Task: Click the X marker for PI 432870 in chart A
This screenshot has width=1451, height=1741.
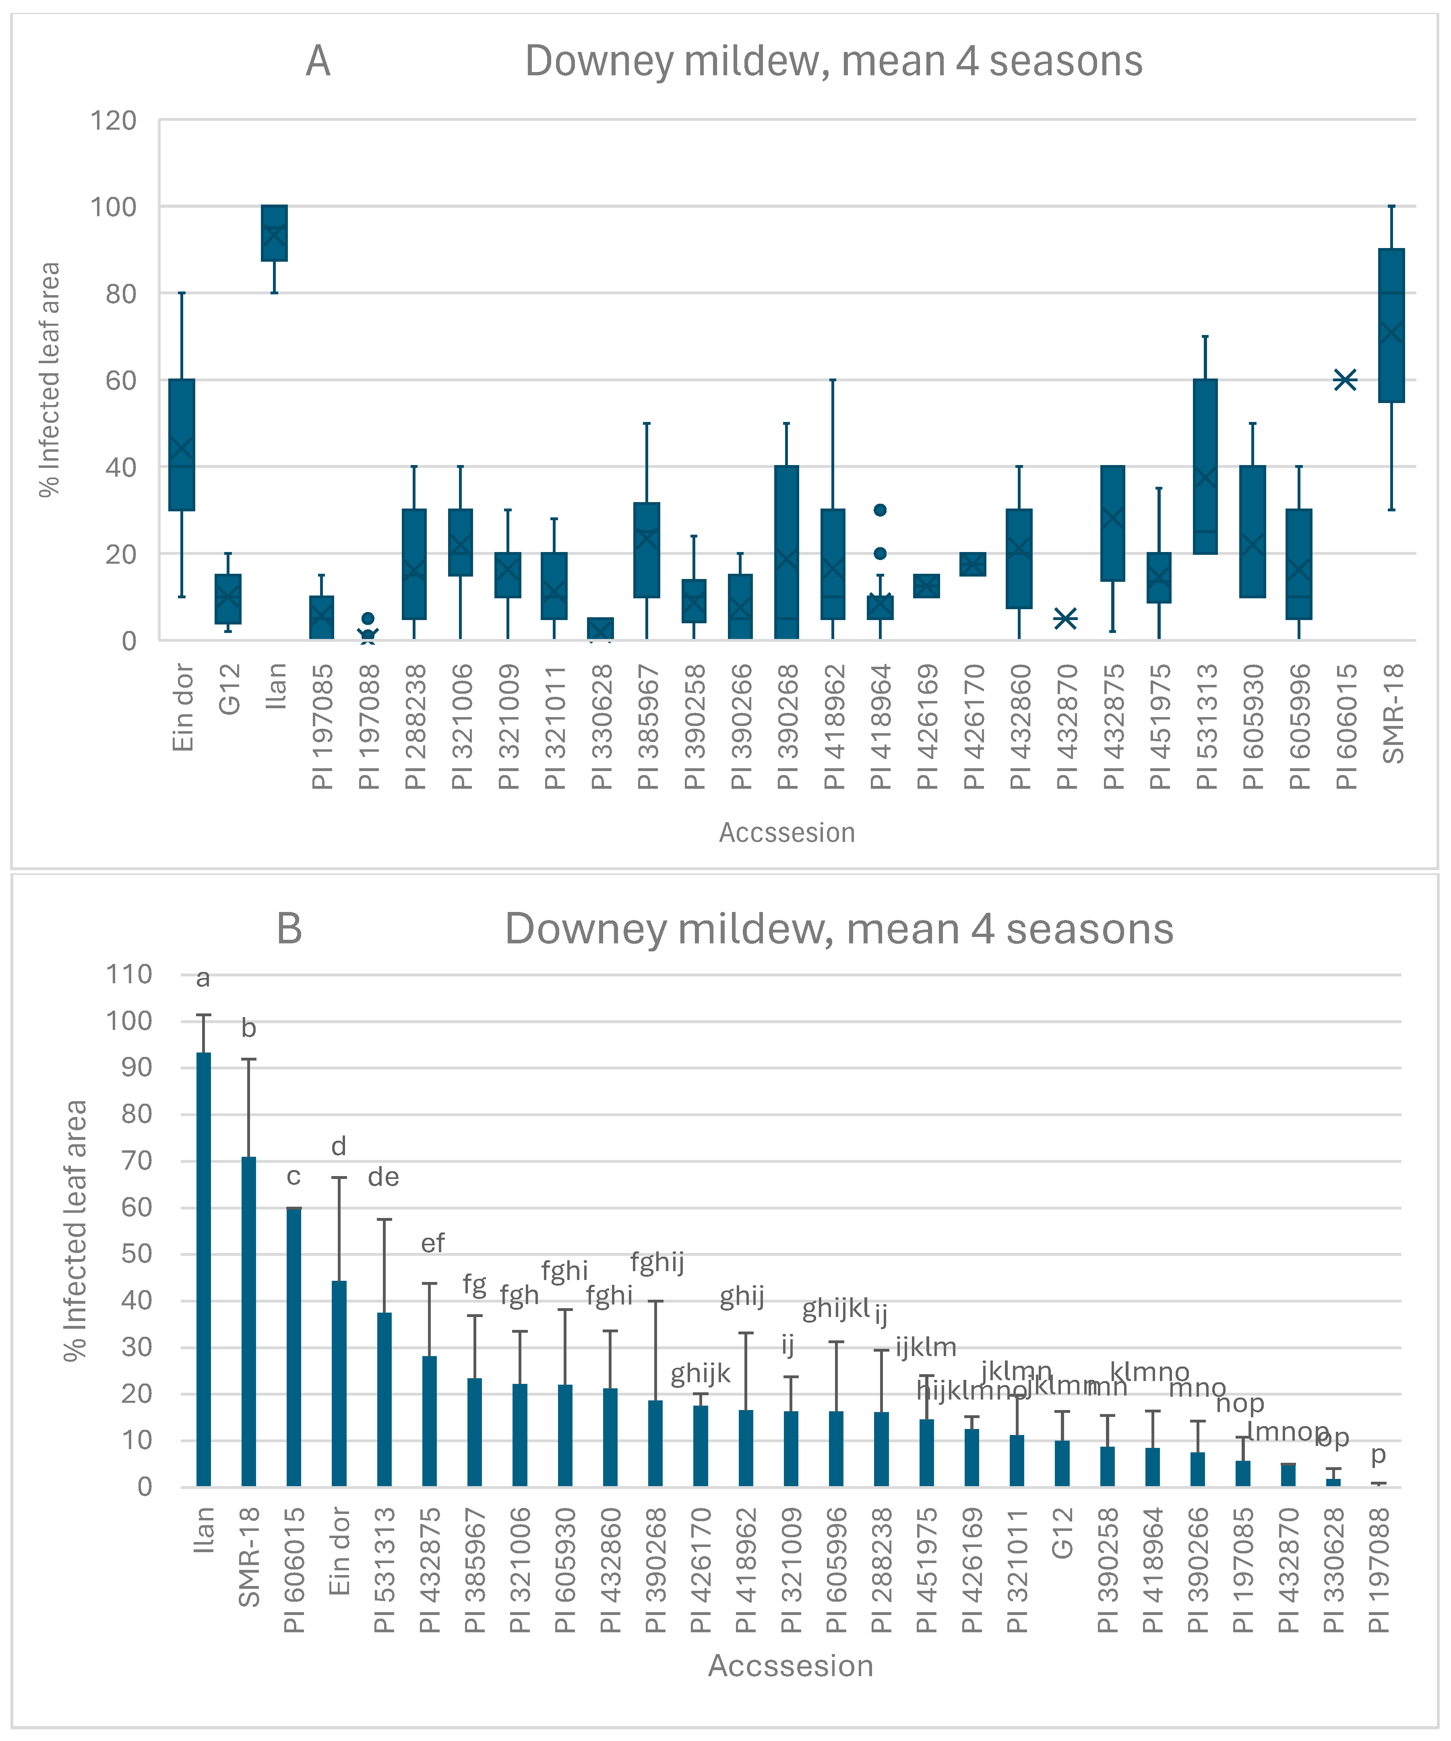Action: (x=1065, y=618)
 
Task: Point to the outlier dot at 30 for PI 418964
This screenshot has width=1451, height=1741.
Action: (x=880, y=510)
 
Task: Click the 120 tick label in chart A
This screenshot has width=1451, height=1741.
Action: (x=114, y=121)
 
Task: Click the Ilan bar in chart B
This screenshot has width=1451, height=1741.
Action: (x=203, y=1268)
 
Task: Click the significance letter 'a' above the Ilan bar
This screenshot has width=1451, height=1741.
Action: (x=203, y=979)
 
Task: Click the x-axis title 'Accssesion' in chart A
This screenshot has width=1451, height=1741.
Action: (x=786, y=832)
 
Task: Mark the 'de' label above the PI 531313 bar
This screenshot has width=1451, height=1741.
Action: (x=383, y=1177)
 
